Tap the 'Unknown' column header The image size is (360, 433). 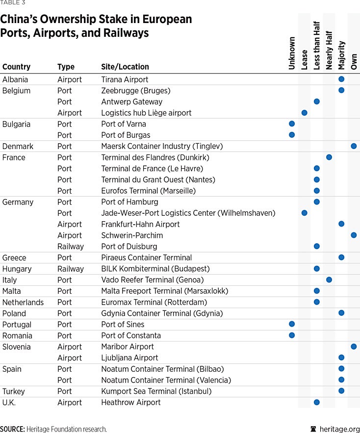pyautogui.click(x=292, y=53)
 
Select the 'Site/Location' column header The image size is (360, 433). pyautogui.click(x=125, y=67)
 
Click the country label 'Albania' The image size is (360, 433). pyautogui.click(x=15, y=79)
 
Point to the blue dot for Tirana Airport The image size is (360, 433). pyautogui.click(x=341, y=79)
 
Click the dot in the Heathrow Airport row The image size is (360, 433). pyautogui.click(x=316, y=402)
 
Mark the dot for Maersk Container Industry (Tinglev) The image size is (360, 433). pyautogui.click(x=354, y=146)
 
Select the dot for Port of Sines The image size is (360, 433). pyautogui.click(x=292, y=324)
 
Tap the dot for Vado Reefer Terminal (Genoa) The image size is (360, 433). pyautogui.click(x=329, y=280)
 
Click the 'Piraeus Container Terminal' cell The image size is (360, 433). pyautogui.click(x=146, y=257)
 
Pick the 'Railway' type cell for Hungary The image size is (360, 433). pyautogui.click(x=71, y=269)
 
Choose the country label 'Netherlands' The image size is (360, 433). pyautogui.click(x=23, y=302)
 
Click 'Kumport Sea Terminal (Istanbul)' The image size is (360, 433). pyautogui.click(x=156, y=391)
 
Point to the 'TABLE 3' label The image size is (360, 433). pyautogui.click(x=13, y=3)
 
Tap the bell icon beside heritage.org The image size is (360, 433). pyautogui.click(x=313, y=429)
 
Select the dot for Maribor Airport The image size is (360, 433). pyautogui.click(x=354, y=347)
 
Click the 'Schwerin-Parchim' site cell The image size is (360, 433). pyautogui.click(x=132, y=235)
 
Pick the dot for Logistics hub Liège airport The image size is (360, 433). pyautogui.click(x=304, y=113)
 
